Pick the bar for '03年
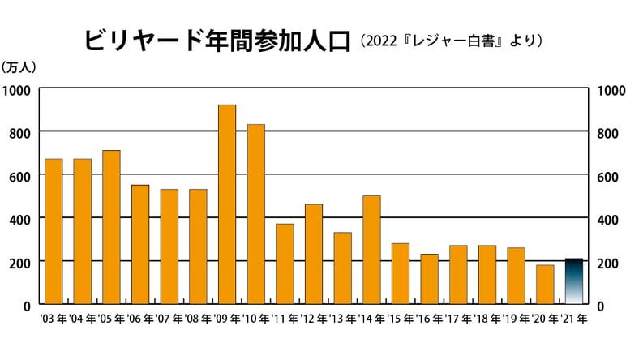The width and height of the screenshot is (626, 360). (54, 231)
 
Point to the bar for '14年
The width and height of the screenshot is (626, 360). (371, 249)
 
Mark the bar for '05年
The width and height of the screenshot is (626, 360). (111, 227)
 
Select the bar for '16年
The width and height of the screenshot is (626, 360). (429, 279)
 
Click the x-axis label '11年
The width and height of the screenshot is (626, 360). (285, 319)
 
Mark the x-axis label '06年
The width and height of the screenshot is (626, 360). (140, 319)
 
